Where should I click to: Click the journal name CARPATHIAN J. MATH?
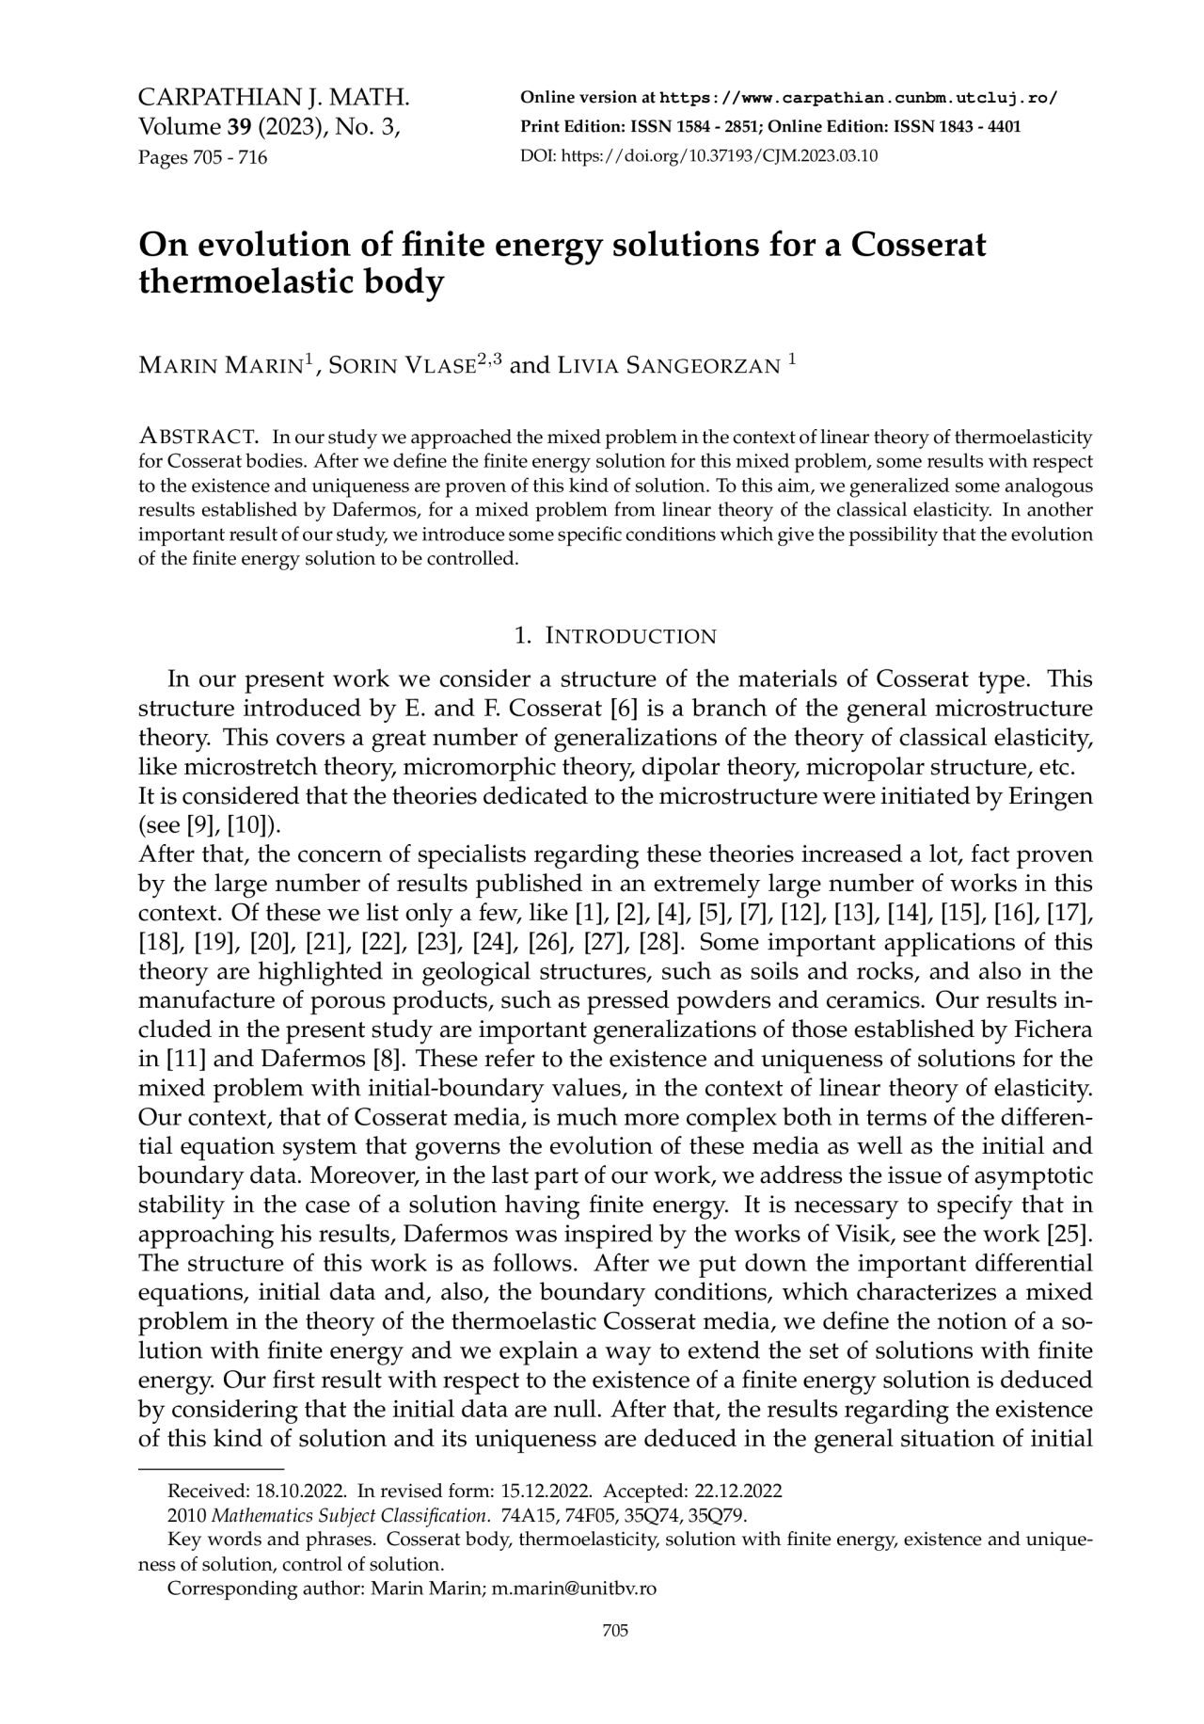(x=274, y=97)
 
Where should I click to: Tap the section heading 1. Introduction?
(x=616, y=636)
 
